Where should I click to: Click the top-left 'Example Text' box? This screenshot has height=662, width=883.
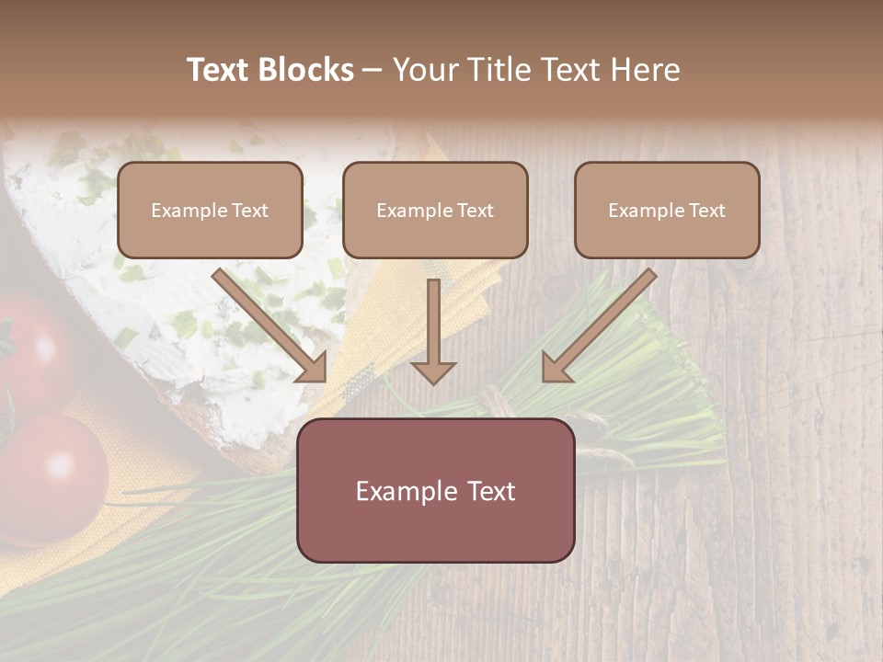pos(210,211)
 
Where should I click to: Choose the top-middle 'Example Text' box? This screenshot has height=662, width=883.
pos(435,211)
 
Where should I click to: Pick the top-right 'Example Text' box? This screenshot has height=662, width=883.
pos(667,211)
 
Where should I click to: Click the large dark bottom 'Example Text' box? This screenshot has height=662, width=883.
pos(436,491)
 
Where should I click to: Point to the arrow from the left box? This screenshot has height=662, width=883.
pos(267,324)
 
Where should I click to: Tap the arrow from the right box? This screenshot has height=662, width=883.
pos(602,324)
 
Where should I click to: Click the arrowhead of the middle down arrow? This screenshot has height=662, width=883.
pos(433,371)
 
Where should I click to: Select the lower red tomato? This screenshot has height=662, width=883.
pos(55,474)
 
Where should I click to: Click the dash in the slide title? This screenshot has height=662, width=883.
pos(373,70)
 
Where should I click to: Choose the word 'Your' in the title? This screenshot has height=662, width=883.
pos(421,70)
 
